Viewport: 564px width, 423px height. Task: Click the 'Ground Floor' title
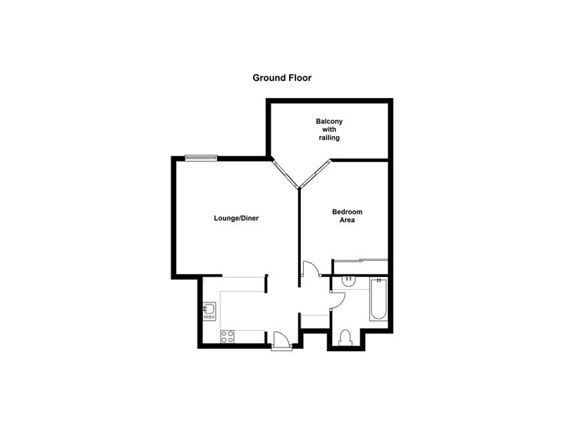pyautogui.click(x=282, y=78)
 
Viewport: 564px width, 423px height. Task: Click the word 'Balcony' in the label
pyautogui.click(x=329, y=121)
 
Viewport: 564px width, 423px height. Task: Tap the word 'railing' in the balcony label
pyautogui.click(x=329, y=138)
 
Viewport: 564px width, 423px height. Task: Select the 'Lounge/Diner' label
pyautogui.click(x=237, y=219)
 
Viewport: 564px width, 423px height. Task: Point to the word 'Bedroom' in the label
pyautogui.click(x=348, y=211)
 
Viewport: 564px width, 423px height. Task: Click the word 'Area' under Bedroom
pyautogui.click(x=347, y=221)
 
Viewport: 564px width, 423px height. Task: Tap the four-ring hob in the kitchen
pyautogui.click(x=227, y=336)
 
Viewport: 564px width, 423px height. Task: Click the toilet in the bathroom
pyautogui.click(x=345, y=336)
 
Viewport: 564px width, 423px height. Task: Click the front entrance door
pyautogui.click(x=281, y=341)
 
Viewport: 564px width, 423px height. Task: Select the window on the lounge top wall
pyautogui.click(x=201, y=158)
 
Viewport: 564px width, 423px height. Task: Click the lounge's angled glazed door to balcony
pyautogui.click(x=286, y=173)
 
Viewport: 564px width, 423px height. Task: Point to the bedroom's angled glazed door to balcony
pyautogui.click(x=315, y=173)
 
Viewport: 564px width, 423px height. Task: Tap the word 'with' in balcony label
pyautogui.click(x=329, y=130)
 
